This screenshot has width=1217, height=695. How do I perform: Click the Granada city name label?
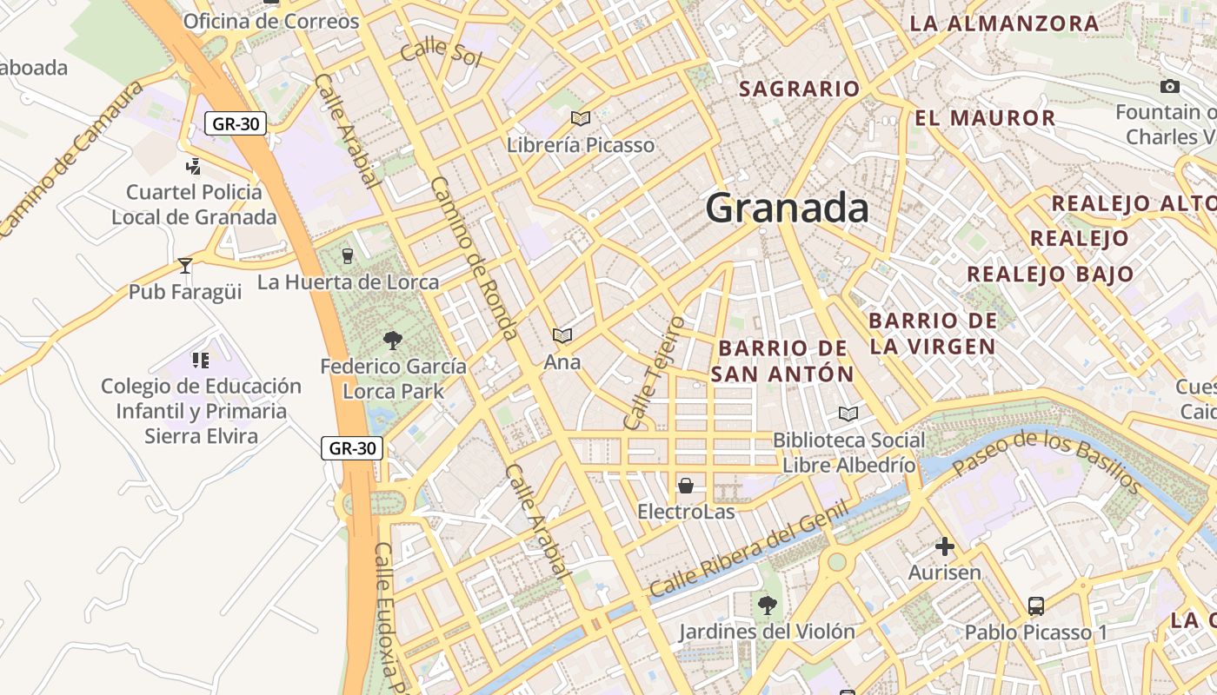point(787,208)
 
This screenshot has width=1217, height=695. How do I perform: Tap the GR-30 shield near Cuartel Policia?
point(236,123)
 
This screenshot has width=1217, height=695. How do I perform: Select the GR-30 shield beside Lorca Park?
point(352,448)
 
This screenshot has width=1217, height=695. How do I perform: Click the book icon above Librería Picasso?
point(580,118)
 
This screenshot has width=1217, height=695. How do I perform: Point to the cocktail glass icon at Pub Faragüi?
point(184,265)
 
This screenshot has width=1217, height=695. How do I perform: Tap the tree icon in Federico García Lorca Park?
point(393,340)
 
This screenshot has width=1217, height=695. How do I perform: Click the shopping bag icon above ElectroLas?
point(686,485)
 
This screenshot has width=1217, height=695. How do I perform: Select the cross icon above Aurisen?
point(944,546)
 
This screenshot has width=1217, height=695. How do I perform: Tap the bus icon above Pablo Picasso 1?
point(1035,606)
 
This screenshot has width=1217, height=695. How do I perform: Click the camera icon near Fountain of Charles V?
point(1170,86)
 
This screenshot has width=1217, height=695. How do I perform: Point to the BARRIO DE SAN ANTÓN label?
point(782,361)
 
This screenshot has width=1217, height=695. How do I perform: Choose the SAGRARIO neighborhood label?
point(799,89)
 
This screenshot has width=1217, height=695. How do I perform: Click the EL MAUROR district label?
point(985,117)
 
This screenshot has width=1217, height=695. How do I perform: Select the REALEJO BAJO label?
point(1050,274)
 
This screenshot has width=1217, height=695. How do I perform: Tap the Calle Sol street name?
point(441,52)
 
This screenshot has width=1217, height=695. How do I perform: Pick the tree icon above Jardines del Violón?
point(766,604)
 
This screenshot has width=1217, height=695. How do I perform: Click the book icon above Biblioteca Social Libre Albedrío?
point(848,414)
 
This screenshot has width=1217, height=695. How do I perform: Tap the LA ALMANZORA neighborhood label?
point(1004,23)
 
